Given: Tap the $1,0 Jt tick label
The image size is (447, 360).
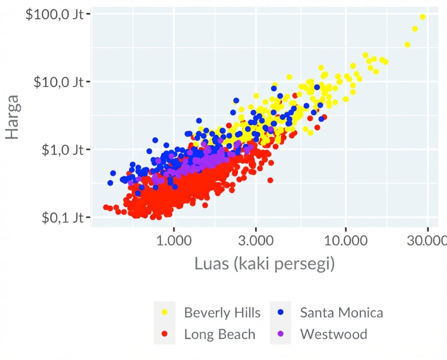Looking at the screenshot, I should [x=62, y=150].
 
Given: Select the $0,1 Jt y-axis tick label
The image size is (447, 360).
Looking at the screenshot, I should [x=62, y=218].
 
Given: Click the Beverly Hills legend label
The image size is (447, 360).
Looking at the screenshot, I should [x=222, y=313].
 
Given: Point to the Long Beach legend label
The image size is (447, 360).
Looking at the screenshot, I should [x=220, y=334].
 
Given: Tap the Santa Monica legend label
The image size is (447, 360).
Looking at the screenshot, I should [x=341, y=313].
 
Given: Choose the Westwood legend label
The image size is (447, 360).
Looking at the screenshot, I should [x=333, y=334].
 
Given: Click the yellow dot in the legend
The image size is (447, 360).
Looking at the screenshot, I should [x=165, y=312].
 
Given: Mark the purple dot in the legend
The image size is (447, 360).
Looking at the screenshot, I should [x=281, y=334].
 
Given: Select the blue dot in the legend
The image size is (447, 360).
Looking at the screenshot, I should [x=281, y=312].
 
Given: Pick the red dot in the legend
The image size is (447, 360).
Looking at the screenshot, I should [x=165, y=334].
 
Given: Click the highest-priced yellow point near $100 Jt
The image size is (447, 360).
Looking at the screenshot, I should [x=423, y=17].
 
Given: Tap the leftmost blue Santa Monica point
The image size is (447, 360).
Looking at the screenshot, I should [x=110, y=183].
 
